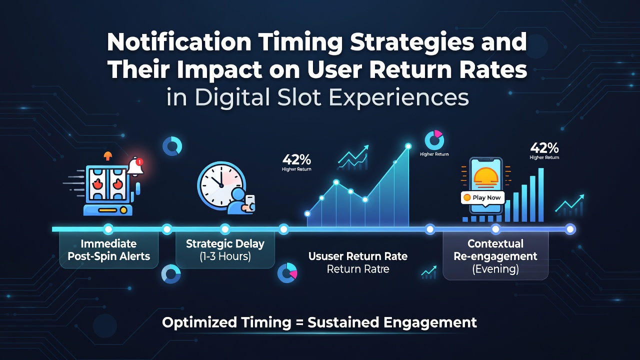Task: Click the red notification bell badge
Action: coord(139,162)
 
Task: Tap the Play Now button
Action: coord(482,197)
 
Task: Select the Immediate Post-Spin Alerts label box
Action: coord(109,250)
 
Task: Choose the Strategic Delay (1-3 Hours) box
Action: coord(225,250)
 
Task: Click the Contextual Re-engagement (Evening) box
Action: coord(495,256)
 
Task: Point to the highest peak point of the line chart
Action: coord(408,146)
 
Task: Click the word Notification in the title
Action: coord(179,42)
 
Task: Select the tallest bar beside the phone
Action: coord(541,195)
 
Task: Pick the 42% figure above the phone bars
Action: coord(544,148)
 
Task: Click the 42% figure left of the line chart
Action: coord(296,159)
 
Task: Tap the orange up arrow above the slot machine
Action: coord(107,155)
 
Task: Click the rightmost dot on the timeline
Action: coord(570,229)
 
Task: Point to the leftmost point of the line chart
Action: coord(307,213)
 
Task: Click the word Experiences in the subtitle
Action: coord(399,98)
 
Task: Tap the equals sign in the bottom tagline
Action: coord(299,323)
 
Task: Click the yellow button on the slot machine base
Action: coord(107,210)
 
